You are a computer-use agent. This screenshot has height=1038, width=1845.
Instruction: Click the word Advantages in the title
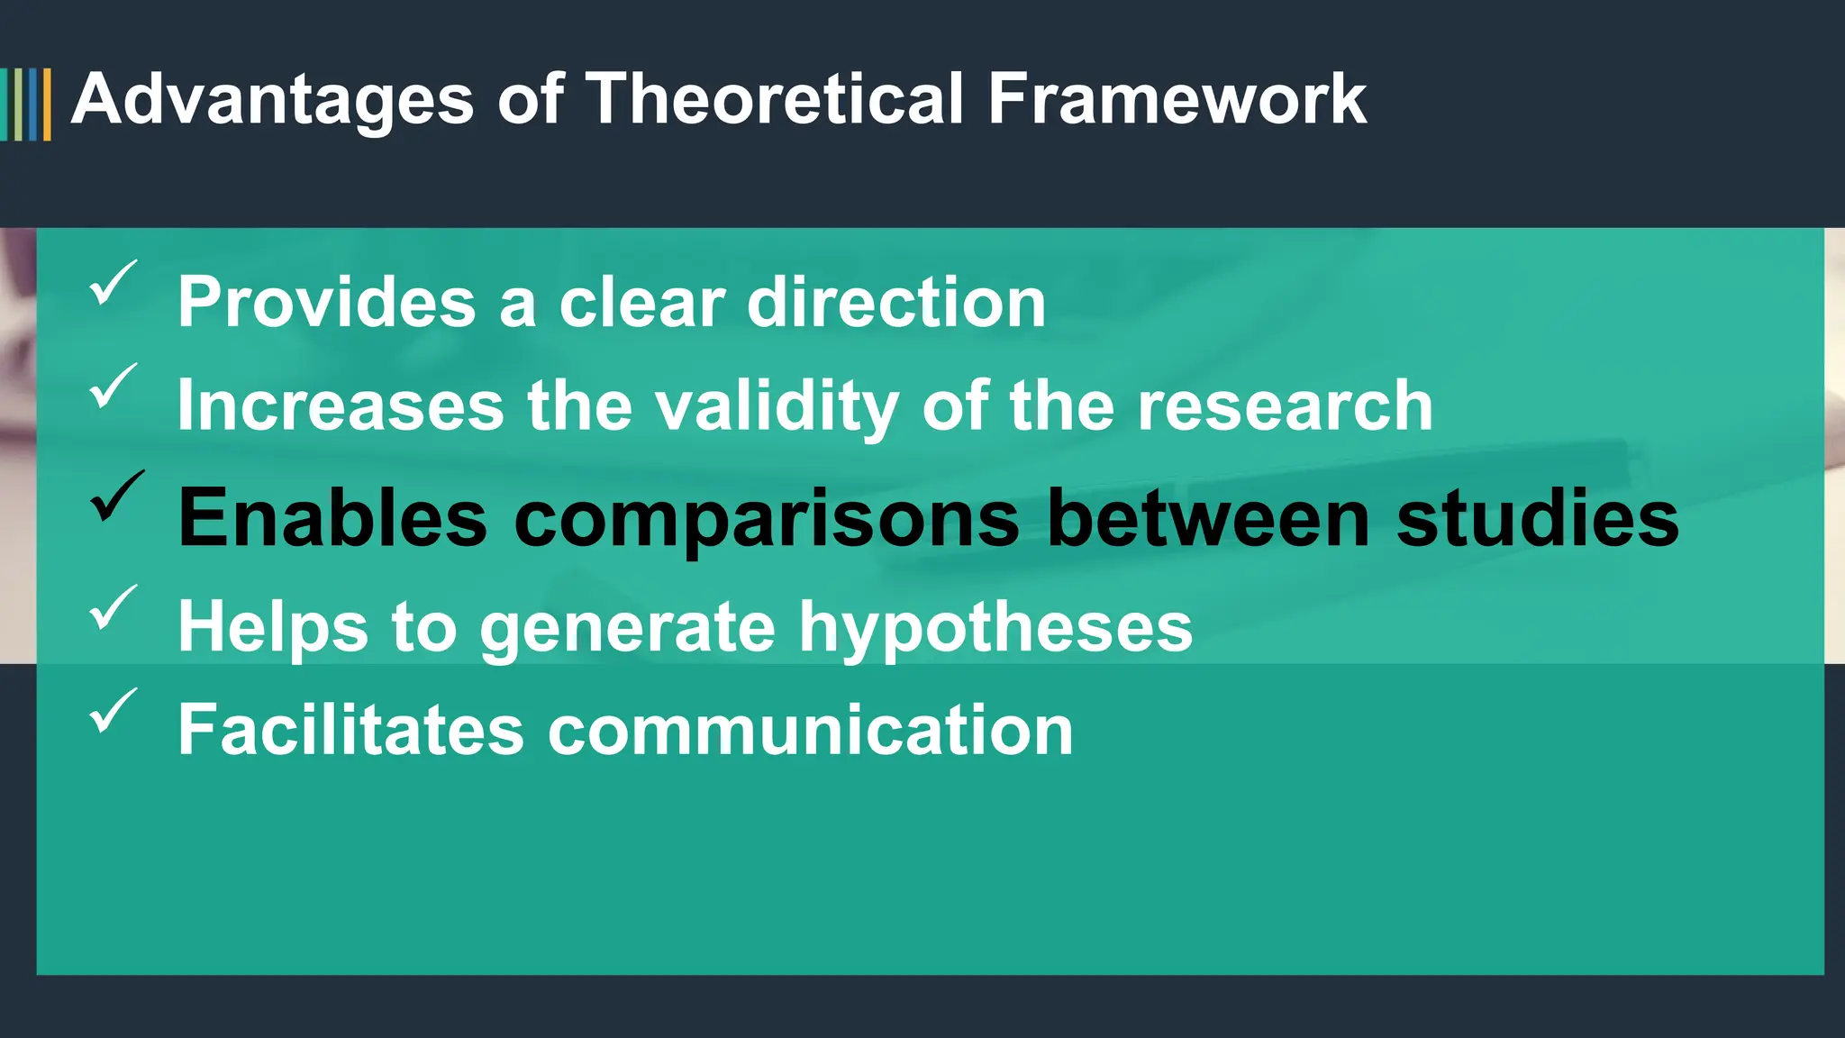272,99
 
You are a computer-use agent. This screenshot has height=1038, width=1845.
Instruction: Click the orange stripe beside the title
47,105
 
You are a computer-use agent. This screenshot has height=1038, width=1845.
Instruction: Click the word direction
896,302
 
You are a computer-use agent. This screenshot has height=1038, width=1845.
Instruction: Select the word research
1285,405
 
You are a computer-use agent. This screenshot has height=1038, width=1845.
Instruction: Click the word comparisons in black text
767,519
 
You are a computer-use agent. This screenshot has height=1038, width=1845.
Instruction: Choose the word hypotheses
995,628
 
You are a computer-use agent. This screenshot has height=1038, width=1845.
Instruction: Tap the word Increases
341,405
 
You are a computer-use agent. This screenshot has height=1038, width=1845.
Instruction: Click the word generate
627,628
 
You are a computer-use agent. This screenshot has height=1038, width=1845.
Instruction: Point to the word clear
641,302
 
